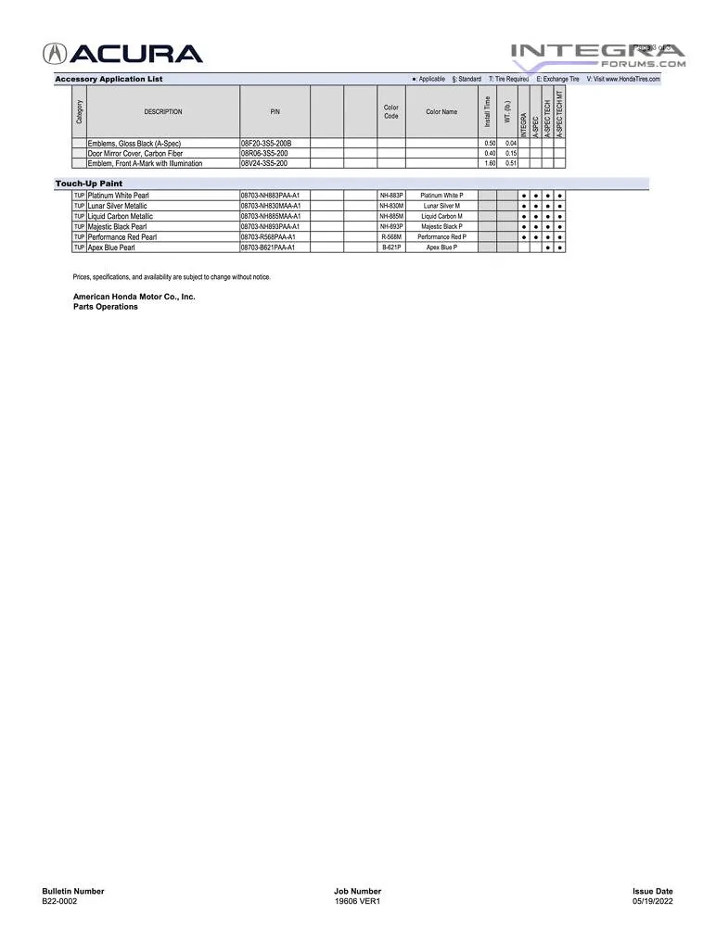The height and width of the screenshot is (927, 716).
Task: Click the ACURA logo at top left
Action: pyautogui.click(x=122, y=54)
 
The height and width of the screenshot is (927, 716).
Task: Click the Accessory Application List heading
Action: pyautogui.click(x=109, y=79)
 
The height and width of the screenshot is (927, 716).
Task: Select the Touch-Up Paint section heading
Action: pyautogui.click(x=89, y=184)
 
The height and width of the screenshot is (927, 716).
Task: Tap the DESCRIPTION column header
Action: pyautogui.click(x=163, y=111)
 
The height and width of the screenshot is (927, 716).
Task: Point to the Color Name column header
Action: pyautogui.click(x=441, y=111)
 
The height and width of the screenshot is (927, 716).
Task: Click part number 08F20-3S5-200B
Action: pyautogui.click(x=266, y=144)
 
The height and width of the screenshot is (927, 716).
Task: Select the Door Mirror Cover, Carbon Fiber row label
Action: pyautogui.click(x=135, y=153)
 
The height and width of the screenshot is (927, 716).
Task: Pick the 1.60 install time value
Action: pyautogui.click(x=490, y=163)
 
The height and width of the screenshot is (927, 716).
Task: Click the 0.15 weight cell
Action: pyautogui.click(x=510, y=153)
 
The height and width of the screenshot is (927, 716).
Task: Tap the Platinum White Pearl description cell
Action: pyautogui.click(x=118, y=196)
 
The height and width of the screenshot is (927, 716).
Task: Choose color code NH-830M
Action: pyautogui.click(x=391, y=206)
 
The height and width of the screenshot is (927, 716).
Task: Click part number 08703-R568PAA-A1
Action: pyautogui.click(x=269, y=237)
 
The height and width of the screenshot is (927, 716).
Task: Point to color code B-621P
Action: pyautogui.click(x=391, y=248)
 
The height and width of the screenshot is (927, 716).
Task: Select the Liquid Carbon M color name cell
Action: pyautogui.click(x=441, y=216)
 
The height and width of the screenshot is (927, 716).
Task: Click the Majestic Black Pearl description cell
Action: pyautogui.click(x=117, y=226)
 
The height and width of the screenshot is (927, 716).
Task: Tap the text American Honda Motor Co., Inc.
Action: pyautogui.click(x=134, y=297)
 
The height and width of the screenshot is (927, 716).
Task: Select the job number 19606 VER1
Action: pyautogui.click(x=357, y=901)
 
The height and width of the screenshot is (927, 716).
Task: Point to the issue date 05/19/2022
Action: pyautogui.click(x=653, y=901)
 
